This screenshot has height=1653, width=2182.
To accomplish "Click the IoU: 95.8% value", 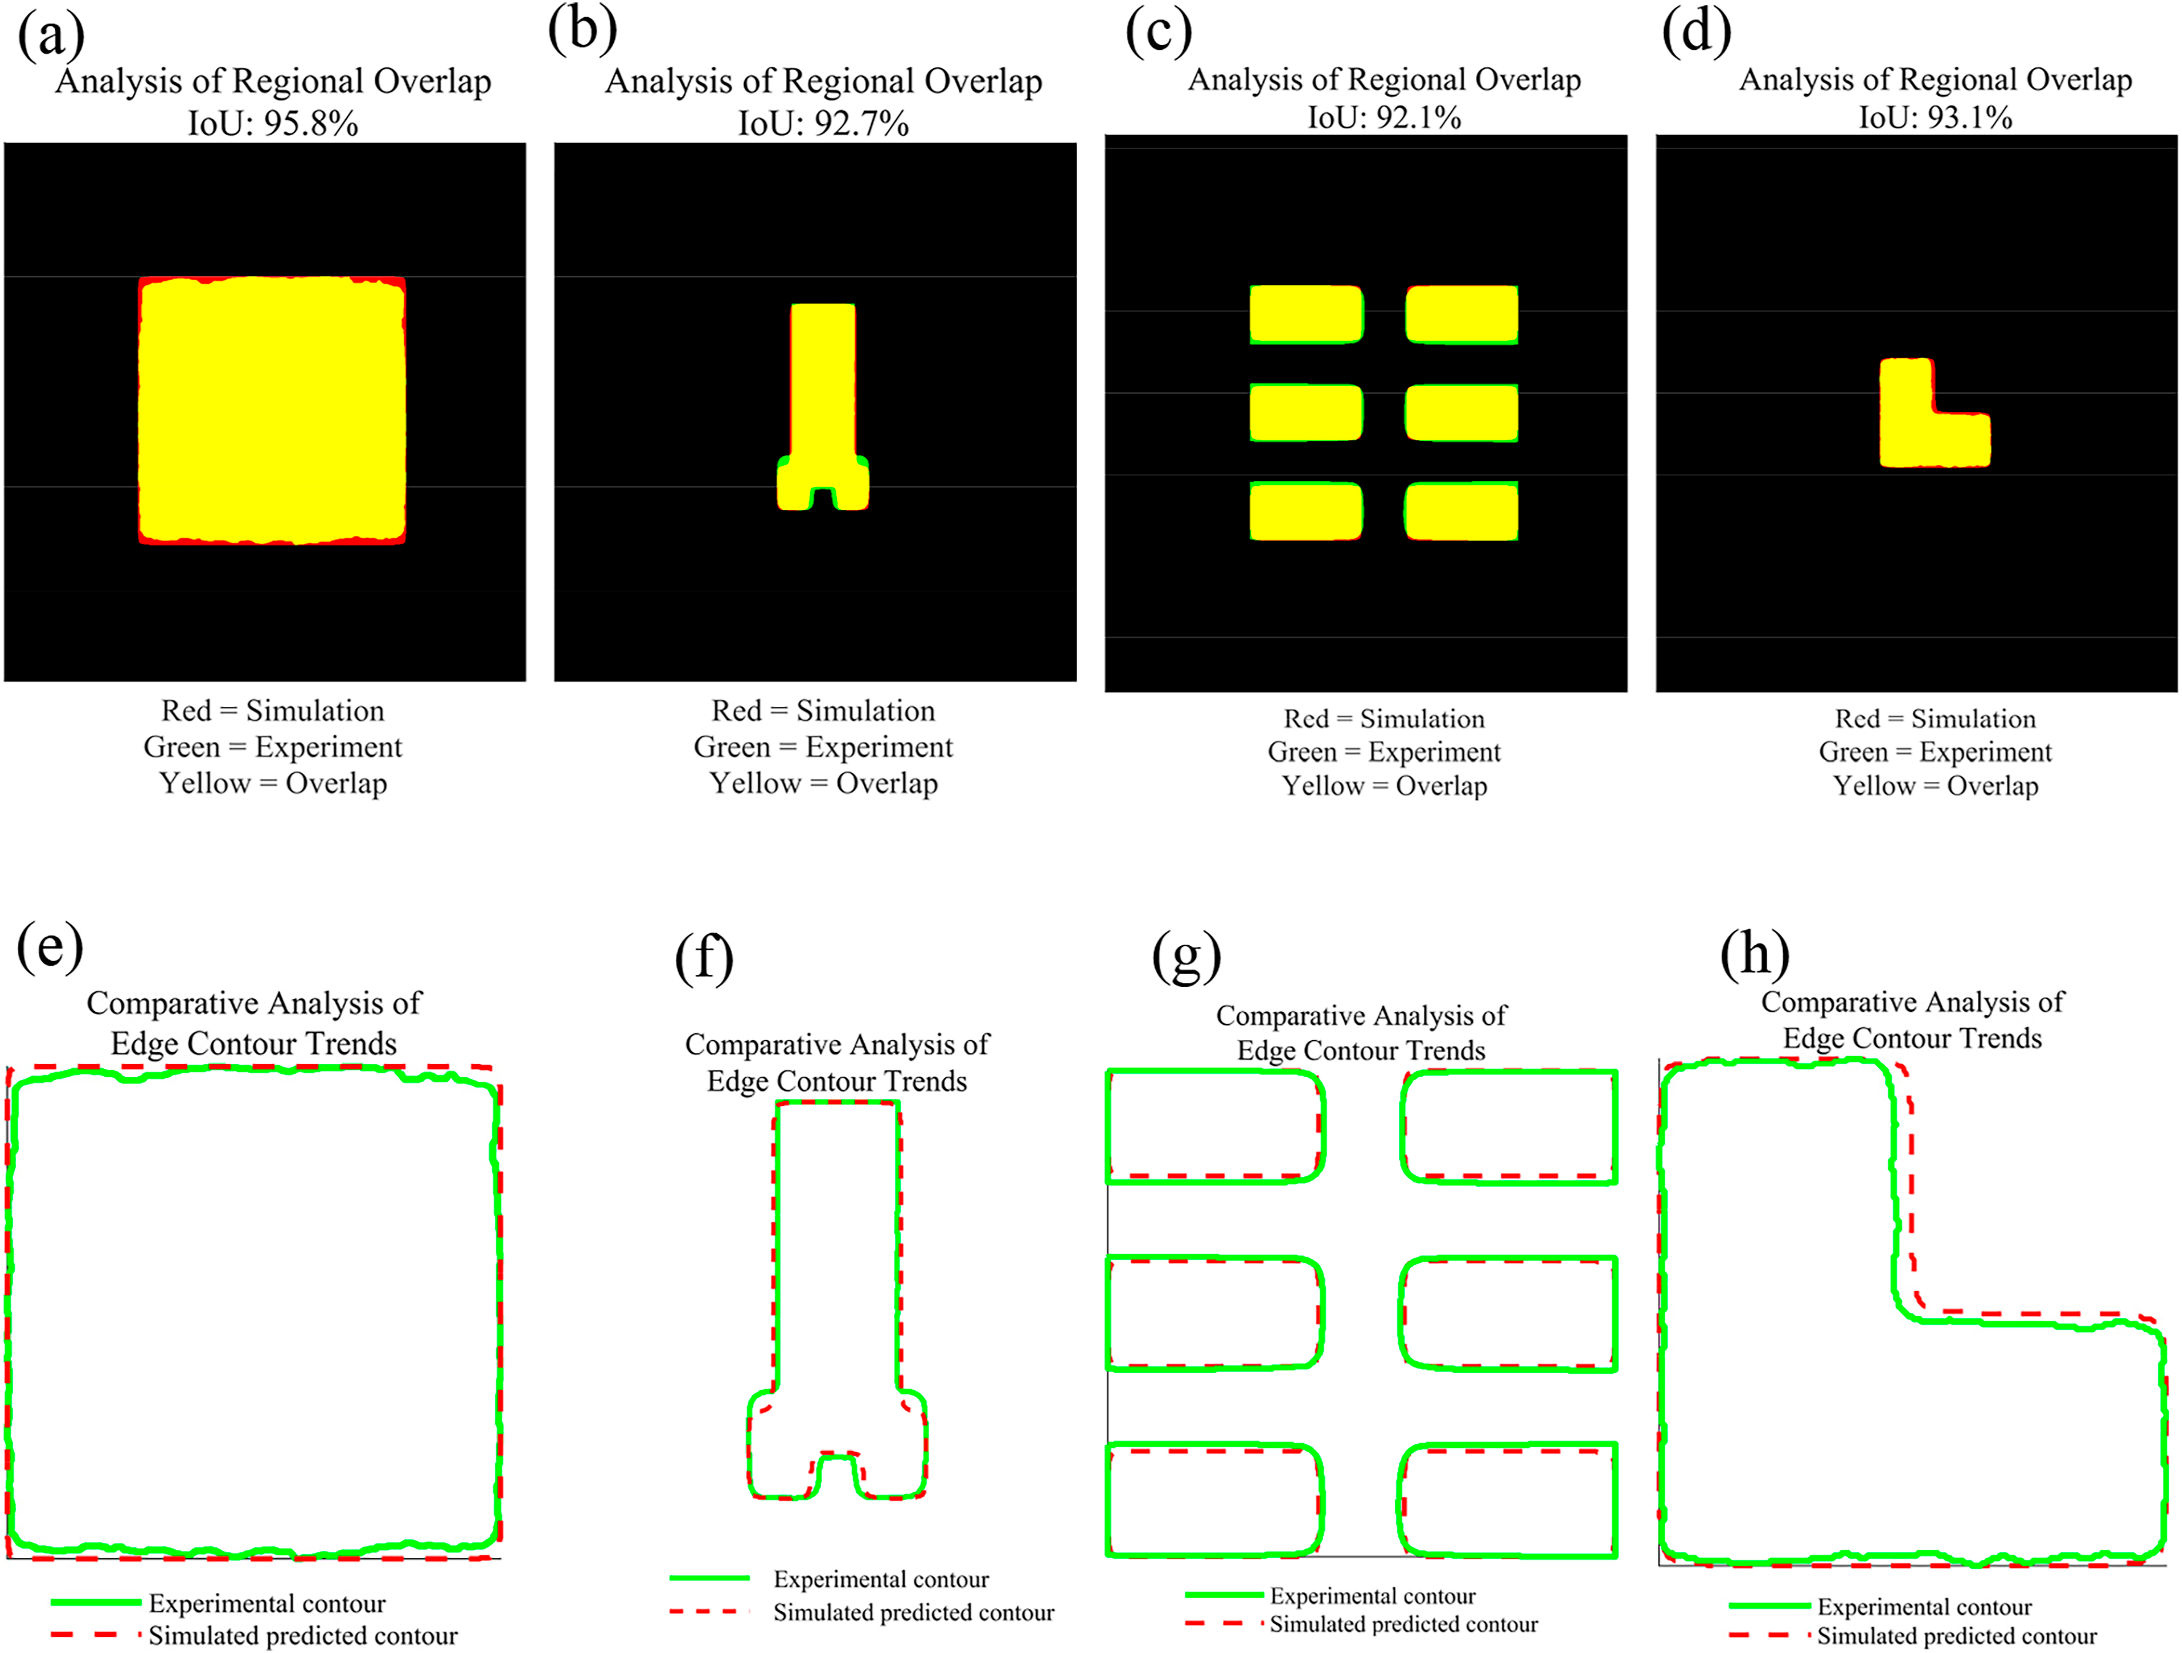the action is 273,124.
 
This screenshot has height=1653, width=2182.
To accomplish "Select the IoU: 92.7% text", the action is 823,124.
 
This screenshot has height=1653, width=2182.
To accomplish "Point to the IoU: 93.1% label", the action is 1936,117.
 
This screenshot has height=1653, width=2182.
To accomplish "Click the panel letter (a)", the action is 51,36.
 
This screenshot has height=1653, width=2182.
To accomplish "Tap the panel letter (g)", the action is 1187,956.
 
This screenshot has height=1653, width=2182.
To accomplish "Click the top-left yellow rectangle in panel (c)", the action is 1306,315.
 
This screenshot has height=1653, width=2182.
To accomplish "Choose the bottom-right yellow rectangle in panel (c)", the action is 1461,511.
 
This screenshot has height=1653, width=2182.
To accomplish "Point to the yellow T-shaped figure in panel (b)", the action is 823,394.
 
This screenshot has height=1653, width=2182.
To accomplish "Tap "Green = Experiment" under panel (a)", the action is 273,748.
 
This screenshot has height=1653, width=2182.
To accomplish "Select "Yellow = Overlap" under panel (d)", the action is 1936,786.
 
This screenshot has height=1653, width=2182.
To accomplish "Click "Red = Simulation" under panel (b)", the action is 823,711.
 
